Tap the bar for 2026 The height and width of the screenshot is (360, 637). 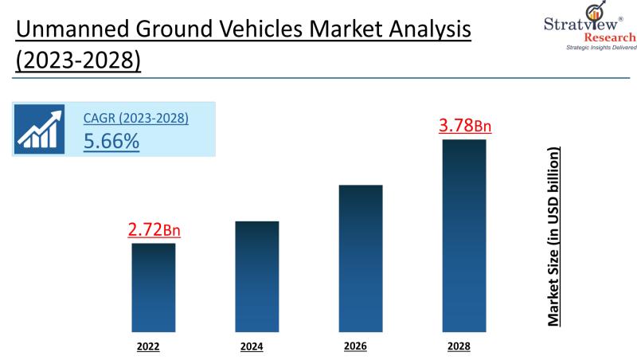[x=360, y=258]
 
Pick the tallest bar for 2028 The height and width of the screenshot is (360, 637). [x=463, y=235]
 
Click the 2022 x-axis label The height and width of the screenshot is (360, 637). [x=148, y=346]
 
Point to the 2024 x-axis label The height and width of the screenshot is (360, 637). [x=252, y=346]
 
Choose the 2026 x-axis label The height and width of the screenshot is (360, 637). [x=355, y=346]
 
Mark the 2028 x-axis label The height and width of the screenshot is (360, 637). [x=459, y=346]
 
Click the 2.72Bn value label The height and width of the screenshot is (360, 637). [x=154, y=229]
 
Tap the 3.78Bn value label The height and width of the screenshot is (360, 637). [x=466, y=125]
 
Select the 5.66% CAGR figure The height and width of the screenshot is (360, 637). [x=111, y=141]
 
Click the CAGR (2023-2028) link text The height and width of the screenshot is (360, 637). [x=136, y=118]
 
